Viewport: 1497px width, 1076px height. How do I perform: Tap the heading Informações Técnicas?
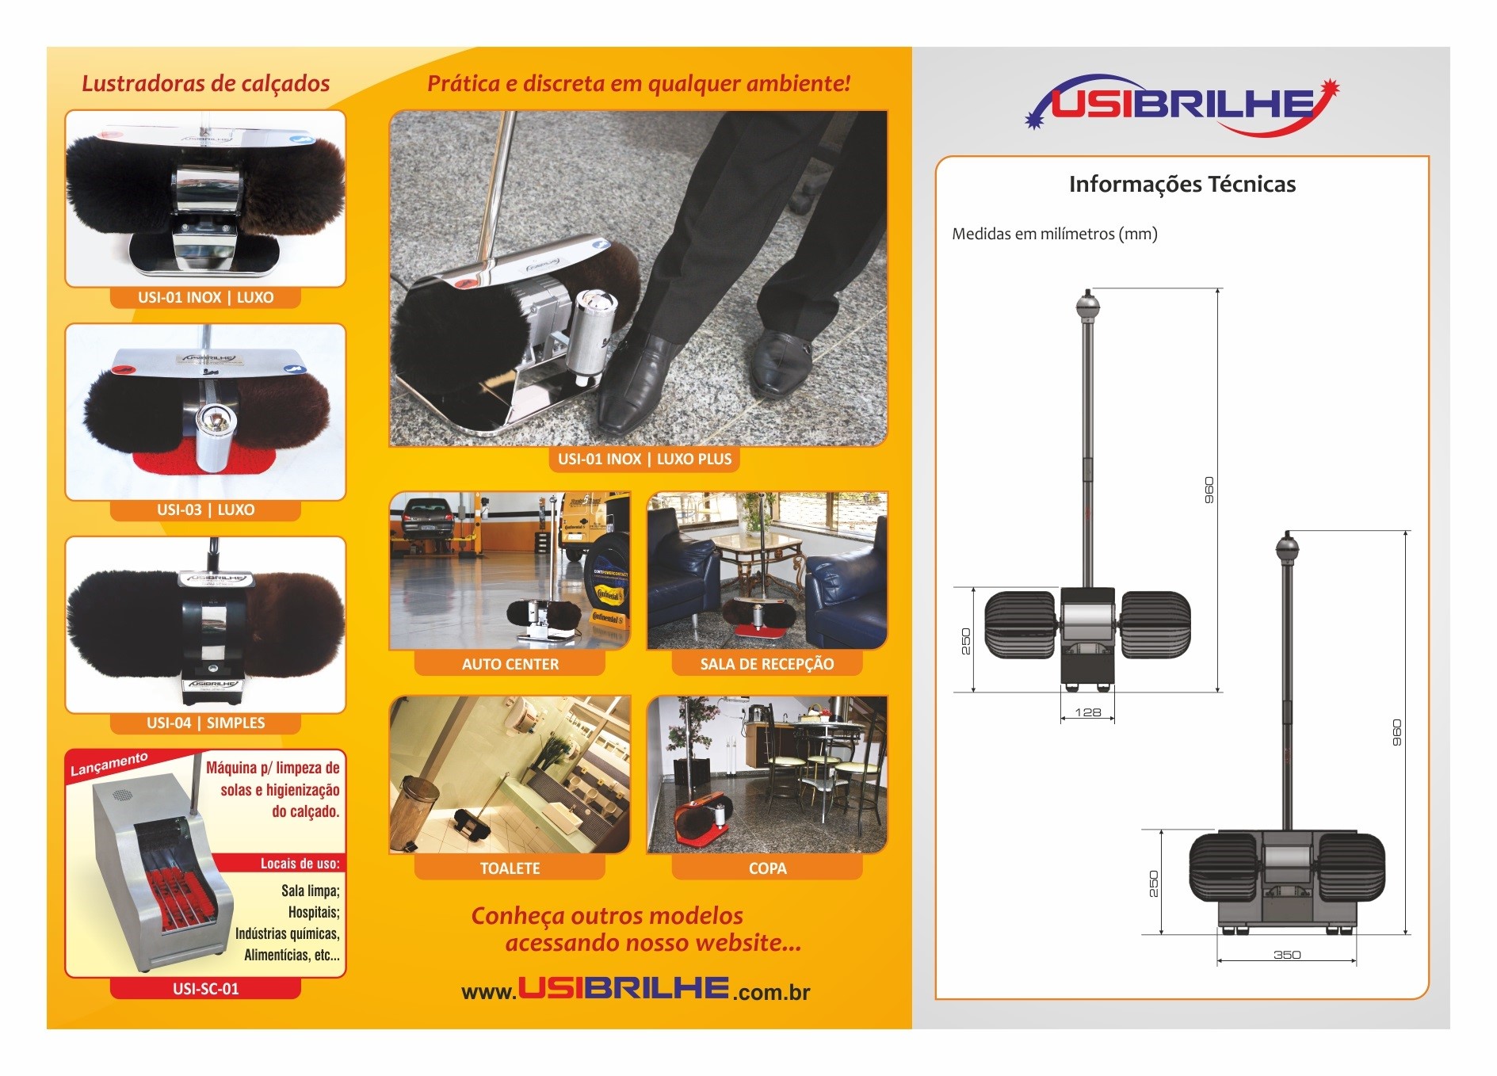(x=1182, y=185)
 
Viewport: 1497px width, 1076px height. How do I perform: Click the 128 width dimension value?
(x=1087, y=712)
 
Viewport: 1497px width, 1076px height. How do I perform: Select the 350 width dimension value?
(x=1286, y=955)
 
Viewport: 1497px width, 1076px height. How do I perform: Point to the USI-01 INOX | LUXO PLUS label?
(x=644, y=459)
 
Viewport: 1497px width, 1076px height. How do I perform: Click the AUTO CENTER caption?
(x=510, y=664)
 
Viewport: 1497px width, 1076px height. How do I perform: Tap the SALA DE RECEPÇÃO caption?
(x=766, y=664)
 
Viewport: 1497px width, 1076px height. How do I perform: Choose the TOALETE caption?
(x=510, y=868)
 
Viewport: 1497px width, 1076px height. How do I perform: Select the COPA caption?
(x=767, y=868)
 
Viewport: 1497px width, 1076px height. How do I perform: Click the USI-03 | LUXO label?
(x=205, y=509)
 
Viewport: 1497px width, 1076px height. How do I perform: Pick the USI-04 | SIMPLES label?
(x=205, y=723)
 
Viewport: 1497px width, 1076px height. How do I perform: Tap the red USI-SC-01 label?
(x=205, y=989)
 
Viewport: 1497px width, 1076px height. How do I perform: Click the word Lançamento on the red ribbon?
(x=109, y=764)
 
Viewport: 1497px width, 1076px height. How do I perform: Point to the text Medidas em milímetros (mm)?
(x=1054, y=234)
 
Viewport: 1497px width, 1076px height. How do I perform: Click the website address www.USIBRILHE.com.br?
(x=636, y=990)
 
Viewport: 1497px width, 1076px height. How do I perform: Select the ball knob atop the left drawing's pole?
(x=1087, y=302)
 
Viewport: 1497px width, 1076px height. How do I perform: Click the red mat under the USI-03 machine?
(x=205, y=460)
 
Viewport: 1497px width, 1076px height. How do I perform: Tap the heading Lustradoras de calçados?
(x=205, y=83)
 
